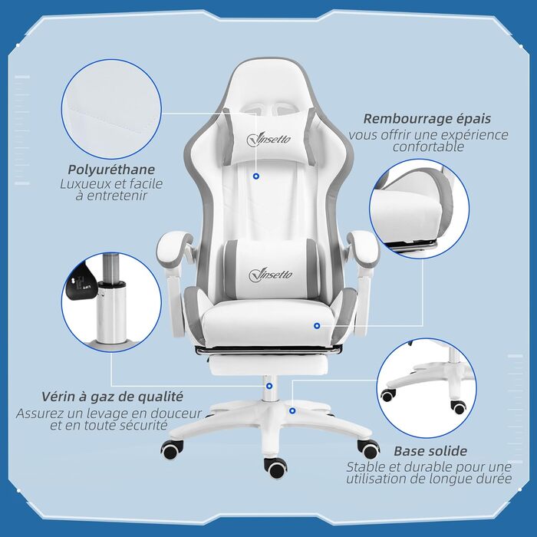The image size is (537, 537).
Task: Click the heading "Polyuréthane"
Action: tap(111, 170)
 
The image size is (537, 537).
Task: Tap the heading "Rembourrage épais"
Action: tap(427, 118)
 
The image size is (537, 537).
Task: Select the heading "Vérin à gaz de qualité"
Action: tap(112, 397)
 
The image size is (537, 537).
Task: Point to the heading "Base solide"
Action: tap(430, 451)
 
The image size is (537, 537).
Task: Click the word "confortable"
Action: tap(428, 147)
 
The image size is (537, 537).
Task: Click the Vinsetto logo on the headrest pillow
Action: tap(268, 139)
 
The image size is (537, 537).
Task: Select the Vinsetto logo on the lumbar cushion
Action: tap(271, 275)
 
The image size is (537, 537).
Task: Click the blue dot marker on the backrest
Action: tap(255, 176)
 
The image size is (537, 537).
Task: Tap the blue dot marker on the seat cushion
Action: tap(317, 326)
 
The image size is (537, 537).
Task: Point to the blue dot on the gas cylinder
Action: tap(269, 387)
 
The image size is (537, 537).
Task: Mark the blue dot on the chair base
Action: tap(292, 410)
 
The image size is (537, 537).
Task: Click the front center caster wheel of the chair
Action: tap(275, 468)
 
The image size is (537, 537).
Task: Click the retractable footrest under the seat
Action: tap(268, 365)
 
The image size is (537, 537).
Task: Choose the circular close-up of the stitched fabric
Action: tap(111, 109)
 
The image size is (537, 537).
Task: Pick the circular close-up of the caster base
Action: tap(427, 388)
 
